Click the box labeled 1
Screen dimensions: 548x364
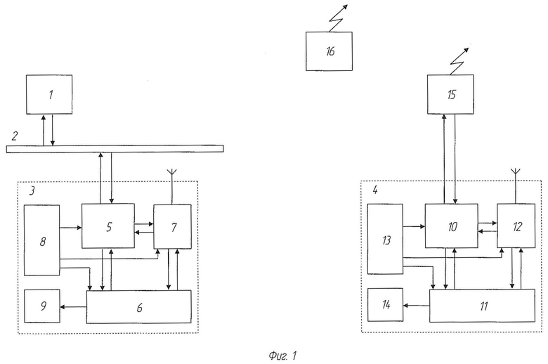(49, 94)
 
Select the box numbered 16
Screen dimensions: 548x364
(330, 51)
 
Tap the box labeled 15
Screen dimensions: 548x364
(450, 94)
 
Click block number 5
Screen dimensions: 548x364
(108, 226)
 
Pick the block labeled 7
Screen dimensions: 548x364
(173, 227)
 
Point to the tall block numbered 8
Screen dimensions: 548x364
(42, 240)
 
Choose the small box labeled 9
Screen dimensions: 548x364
(42, 306)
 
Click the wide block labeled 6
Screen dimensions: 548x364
(138, 307)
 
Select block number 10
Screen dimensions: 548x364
(452, 226)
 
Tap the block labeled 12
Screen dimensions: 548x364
(516, 226)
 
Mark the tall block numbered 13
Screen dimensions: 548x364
(385, 239)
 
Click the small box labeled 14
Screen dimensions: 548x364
(385, 305)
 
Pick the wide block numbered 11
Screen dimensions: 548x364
(482, 306)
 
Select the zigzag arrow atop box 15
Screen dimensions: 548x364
(459, 62)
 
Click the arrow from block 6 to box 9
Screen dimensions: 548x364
(73, 307)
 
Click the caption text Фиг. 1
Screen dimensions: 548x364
(282, 356)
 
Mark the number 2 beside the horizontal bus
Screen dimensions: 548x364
(14, 136)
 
